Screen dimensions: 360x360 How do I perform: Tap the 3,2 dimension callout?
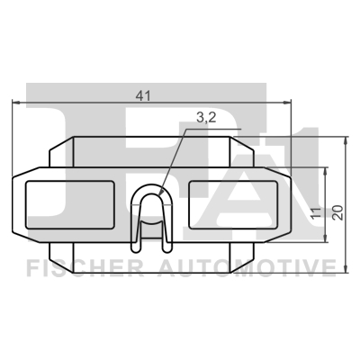pyautogui.click(x=205, y=116)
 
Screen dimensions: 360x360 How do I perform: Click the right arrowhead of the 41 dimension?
pyautogui.click(x=290, y=103)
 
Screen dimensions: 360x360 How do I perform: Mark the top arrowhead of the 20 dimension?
pyautogui.click(x=346, y=142)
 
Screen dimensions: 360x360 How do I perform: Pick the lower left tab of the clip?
pyautogui.click(x=63, y=249)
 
